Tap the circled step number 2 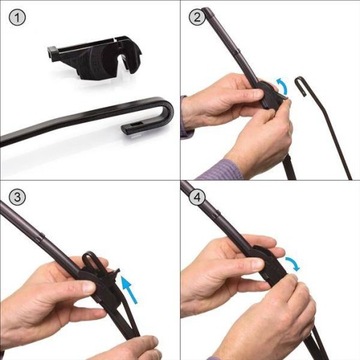click(x=196, y=16)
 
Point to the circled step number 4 click(x=196, y=196)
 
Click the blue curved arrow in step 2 click(x=283, y=91)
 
